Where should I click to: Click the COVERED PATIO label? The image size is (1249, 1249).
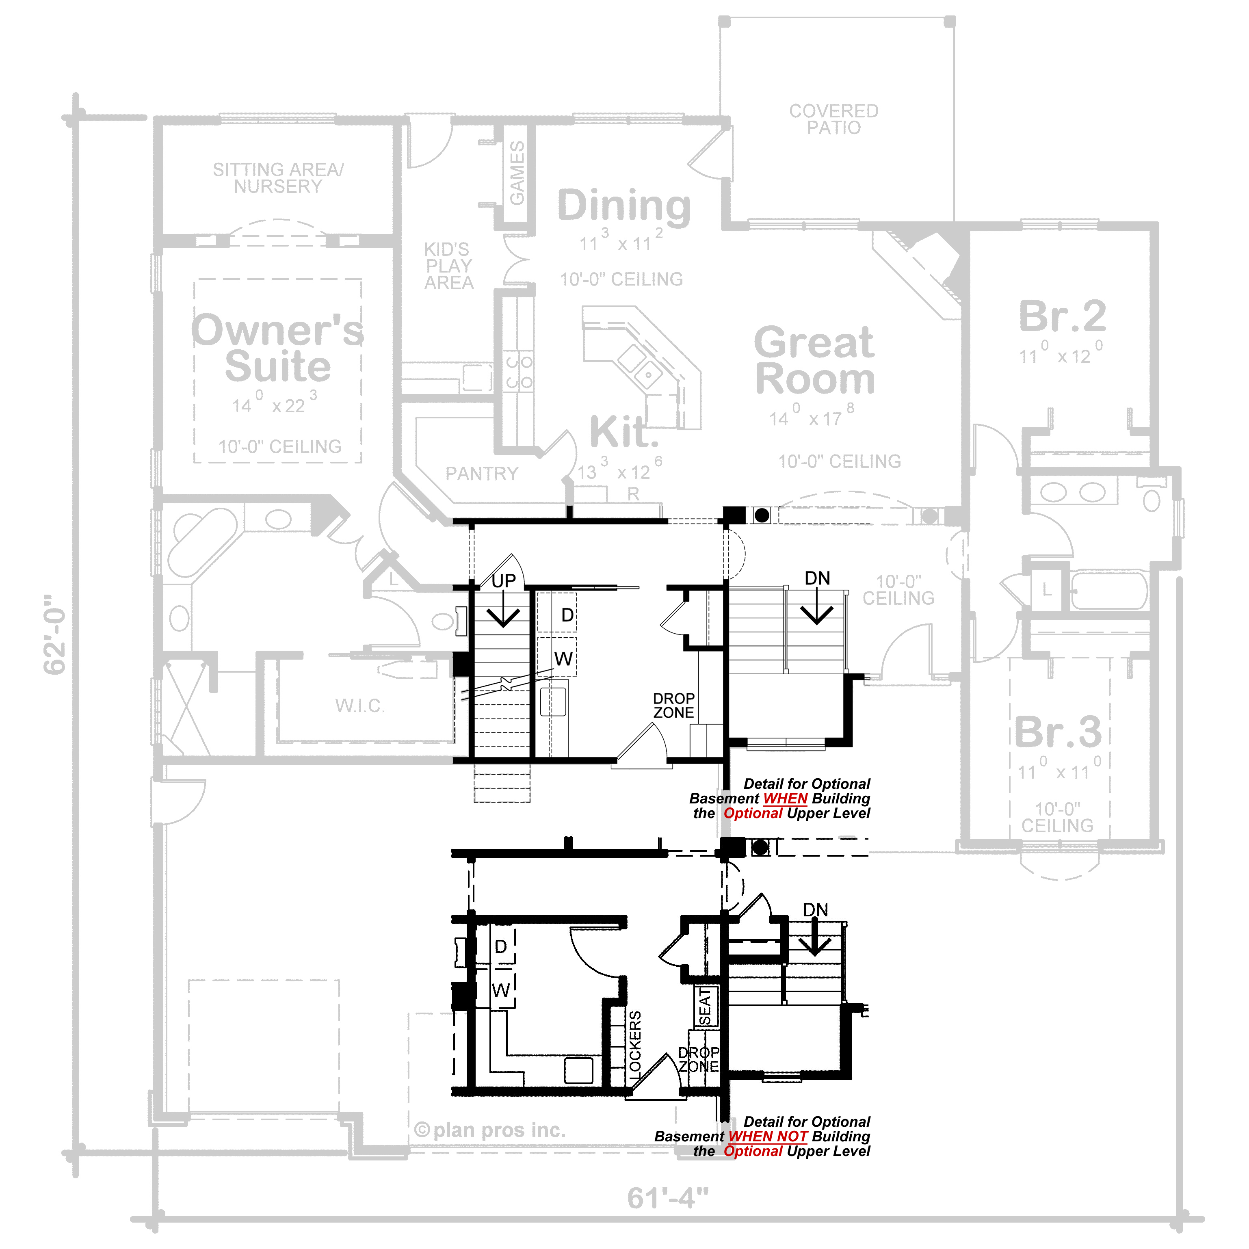pyautogui.click(x=833, y=119)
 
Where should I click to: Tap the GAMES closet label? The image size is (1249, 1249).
pyautogui.click(x=517, y=173)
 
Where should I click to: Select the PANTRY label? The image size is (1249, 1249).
pyautogui.click(x=482, y=474)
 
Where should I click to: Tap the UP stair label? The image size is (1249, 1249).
pyautogui.click(x=504, y=581)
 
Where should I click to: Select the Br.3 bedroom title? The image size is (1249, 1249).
pyautogui.click(x=1058, y=732)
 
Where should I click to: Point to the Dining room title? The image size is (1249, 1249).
pyautogui.click(x=624, y=206)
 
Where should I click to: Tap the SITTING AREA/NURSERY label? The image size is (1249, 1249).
pyautogui.click(x=278, y=178)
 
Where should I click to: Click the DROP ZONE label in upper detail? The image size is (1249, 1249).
pyautogui.click(x=673, y=705)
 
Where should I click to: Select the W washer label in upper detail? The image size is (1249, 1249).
pyautogui.click(x=563, y=659)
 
